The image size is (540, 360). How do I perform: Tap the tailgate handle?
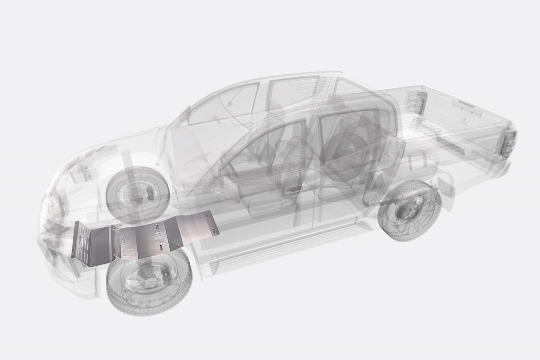click(466, 103)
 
